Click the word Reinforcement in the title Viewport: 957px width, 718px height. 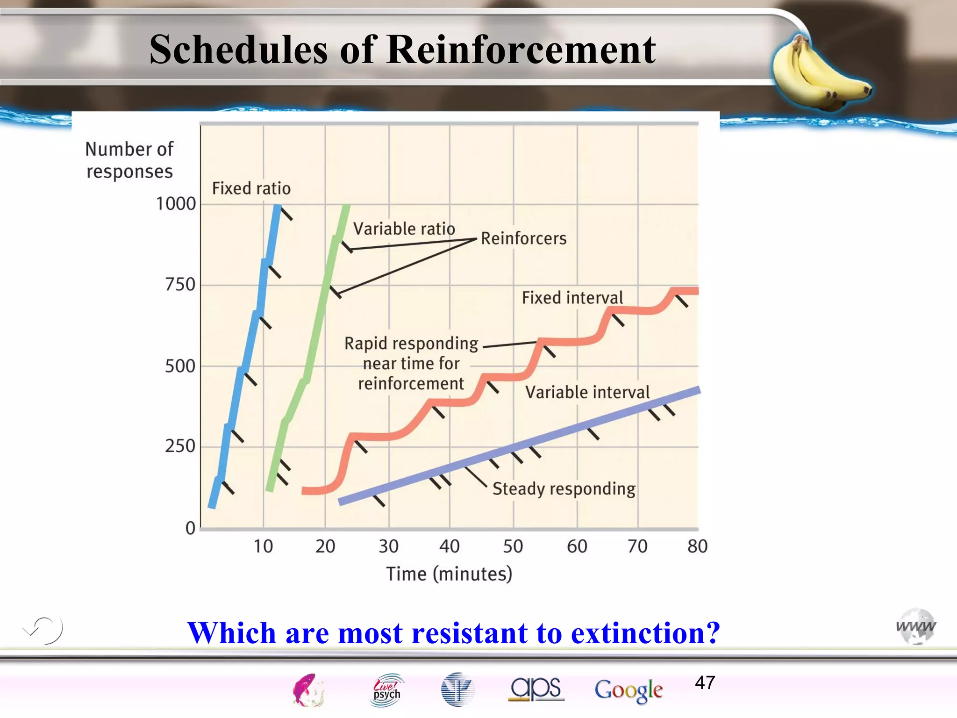pos(521,50)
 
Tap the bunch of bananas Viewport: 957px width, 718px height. pos(820,72)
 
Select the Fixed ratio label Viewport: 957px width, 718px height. pos(251,188)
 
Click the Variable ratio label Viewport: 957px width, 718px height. pos(404,229)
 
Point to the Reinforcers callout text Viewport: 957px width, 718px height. pos(523,238)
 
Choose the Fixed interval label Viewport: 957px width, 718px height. pos(572,298)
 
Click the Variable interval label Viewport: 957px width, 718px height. pos(587,392)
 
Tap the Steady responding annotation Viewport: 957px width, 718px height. pos(564,489)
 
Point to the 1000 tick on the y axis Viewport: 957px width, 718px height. pos(176,204)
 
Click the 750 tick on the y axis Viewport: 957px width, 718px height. pos(180,285)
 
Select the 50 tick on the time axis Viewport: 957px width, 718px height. pos(513,546)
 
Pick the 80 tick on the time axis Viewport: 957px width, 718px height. pos(697,546)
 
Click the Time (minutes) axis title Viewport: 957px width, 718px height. pos(449,574)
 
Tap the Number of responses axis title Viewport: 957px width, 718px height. pos(129,160)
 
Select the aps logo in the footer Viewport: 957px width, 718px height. pos(536,689)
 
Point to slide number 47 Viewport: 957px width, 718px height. pos(705,683)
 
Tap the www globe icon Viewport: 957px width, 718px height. pos(916,626)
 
